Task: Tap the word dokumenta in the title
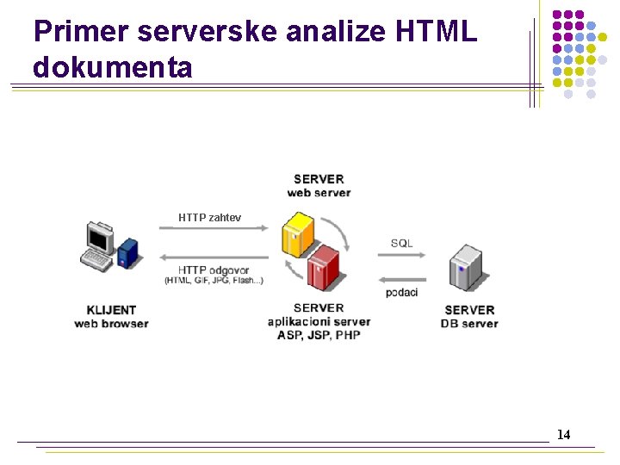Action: (113, 66)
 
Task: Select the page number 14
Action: (563, 435)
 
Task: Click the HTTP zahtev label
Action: (209, 218)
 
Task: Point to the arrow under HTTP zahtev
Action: (211, 229)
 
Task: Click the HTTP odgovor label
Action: (214, 270)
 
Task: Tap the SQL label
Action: (401, 243)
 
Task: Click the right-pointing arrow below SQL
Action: (401, 256)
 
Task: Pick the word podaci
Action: (401, 293)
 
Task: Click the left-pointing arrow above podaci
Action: (401, 280)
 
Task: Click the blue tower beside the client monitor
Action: (128, 252)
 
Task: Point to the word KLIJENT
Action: (111, 310)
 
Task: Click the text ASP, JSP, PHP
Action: (319, 335)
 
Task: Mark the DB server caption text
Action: (469, 324)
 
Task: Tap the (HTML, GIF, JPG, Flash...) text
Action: (214, 281)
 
